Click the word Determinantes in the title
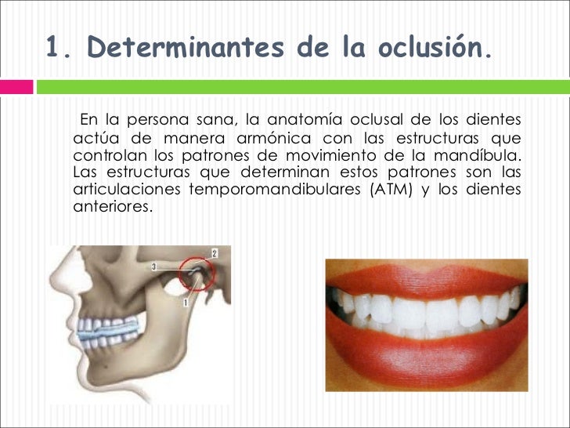coord(186,49)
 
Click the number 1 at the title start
coord(53,49)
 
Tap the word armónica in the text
coord(262,137)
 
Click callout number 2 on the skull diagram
coord(215,253)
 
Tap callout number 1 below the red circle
coord(186,300)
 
